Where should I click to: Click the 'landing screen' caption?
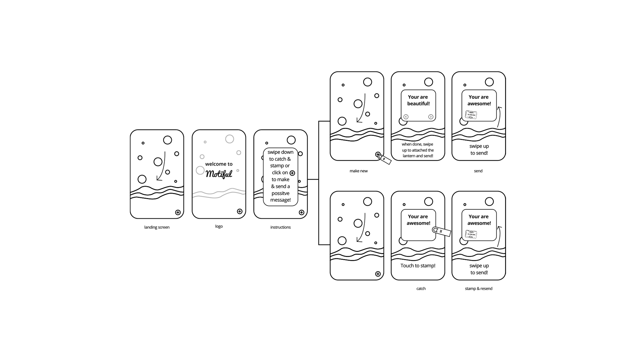pos(157,227)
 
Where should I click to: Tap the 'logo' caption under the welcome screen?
pos(219,226)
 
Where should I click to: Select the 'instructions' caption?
pos(280,227)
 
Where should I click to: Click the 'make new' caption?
pos(358,171)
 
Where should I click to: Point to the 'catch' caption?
pos(421,289)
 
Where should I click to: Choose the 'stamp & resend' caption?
pos(478,289)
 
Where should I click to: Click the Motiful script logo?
pos(219,174)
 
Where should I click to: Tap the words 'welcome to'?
pos(219,164)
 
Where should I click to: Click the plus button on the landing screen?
pos(178,212)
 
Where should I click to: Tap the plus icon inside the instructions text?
pos(292,173)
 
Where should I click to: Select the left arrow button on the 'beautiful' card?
pos(406,117)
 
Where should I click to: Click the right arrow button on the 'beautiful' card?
pos(431,117)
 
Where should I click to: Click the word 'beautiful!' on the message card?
pos(418,104)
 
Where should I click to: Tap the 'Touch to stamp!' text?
pos(418,266)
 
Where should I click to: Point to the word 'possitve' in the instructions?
pos(280,193)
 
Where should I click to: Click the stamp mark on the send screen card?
pos(471,115)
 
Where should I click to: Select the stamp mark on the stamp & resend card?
pos(471,234)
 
